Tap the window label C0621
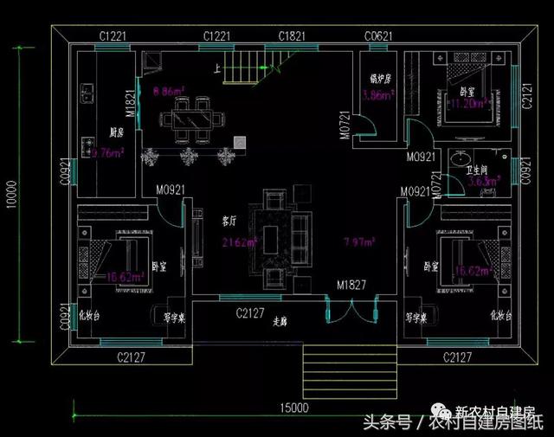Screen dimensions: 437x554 click(380, 35)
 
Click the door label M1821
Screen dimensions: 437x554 click(130, 102)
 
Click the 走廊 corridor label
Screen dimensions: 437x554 click(280, 320)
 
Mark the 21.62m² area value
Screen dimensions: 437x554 click(237, 241)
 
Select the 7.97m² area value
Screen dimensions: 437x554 click(358, 241)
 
